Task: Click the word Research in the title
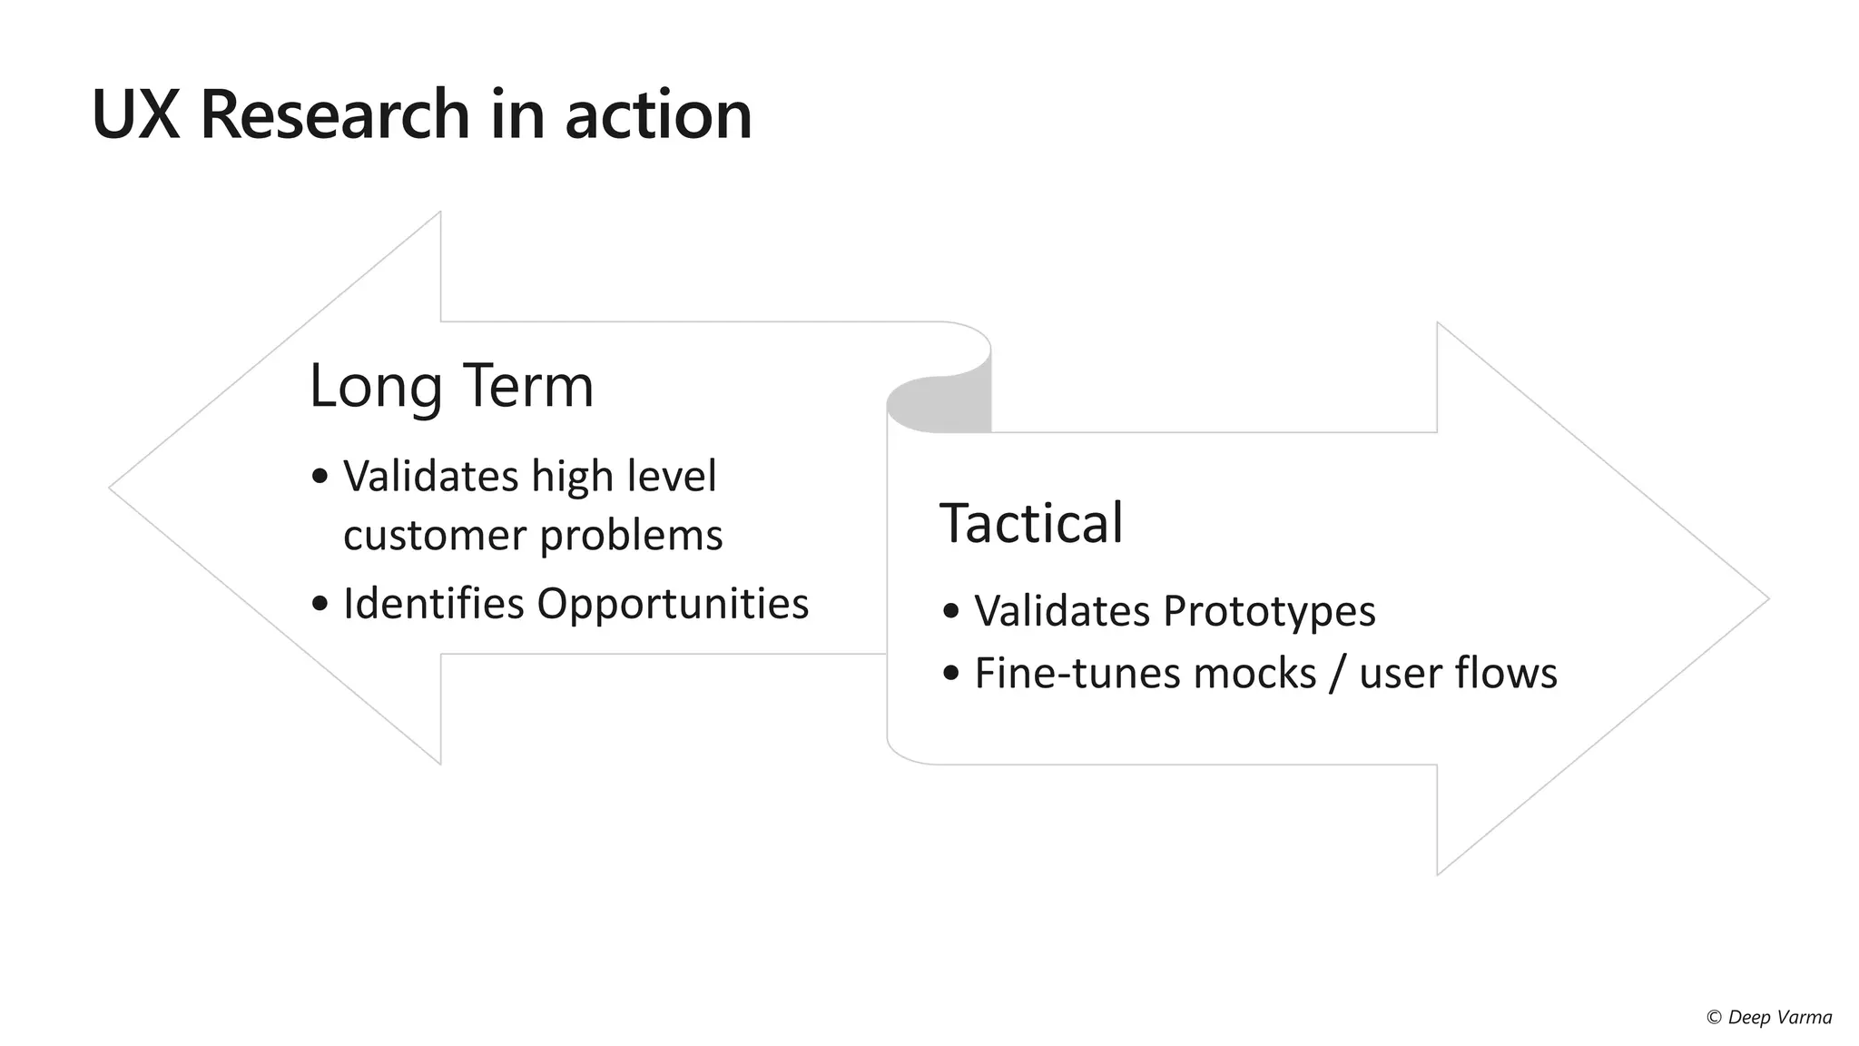[x=334, y=114]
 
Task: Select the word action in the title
[x=658, y=114]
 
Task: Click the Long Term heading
[x=451, y=385]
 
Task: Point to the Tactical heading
[x=1031, y=523]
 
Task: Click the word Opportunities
[x=673, y=603]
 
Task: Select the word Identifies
[x=434, y=603]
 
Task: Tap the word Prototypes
[x=1269, y=610]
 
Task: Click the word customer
[x=435, y=535]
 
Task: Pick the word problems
[x=632, y=535]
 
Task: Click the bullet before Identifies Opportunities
[x=319, y=604]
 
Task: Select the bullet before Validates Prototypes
[x=950, y=611]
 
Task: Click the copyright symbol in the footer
[x=1714, y=1018]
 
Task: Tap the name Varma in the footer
[x=1805, y=1018]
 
